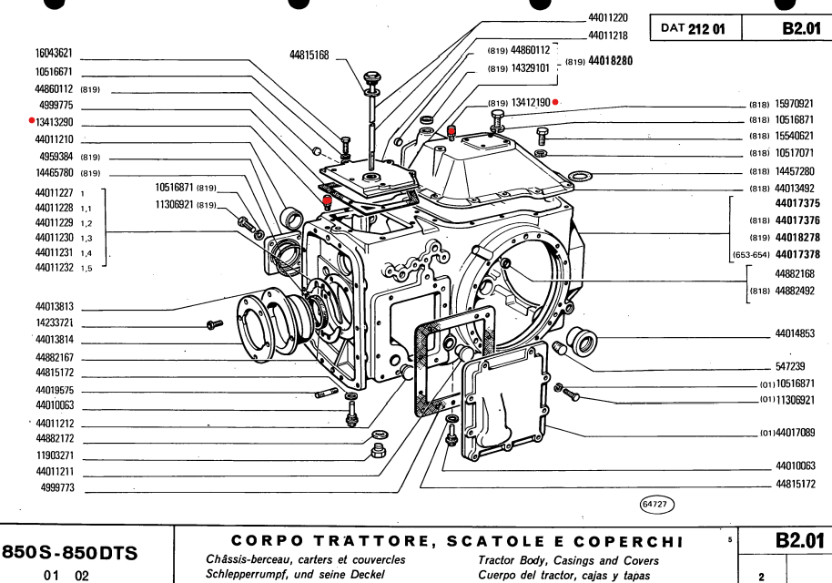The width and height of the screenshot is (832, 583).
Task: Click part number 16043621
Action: click(x=54, y=54)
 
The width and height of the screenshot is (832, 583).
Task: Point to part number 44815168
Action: click(x=309, y=56)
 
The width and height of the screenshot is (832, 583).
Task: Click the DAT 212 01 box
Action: click(x=693, y=28)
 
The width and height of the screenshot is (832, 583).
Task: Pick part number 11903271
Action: click(x=55, y=455)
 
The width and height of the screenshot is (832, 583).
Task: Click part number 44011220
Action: click(x=608, y=18)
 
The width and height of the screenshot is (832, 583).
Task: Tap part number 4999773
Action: click(x=56, y=488)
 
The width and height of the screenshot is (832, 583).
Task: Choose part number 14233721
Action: click(x=55, y=323)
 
